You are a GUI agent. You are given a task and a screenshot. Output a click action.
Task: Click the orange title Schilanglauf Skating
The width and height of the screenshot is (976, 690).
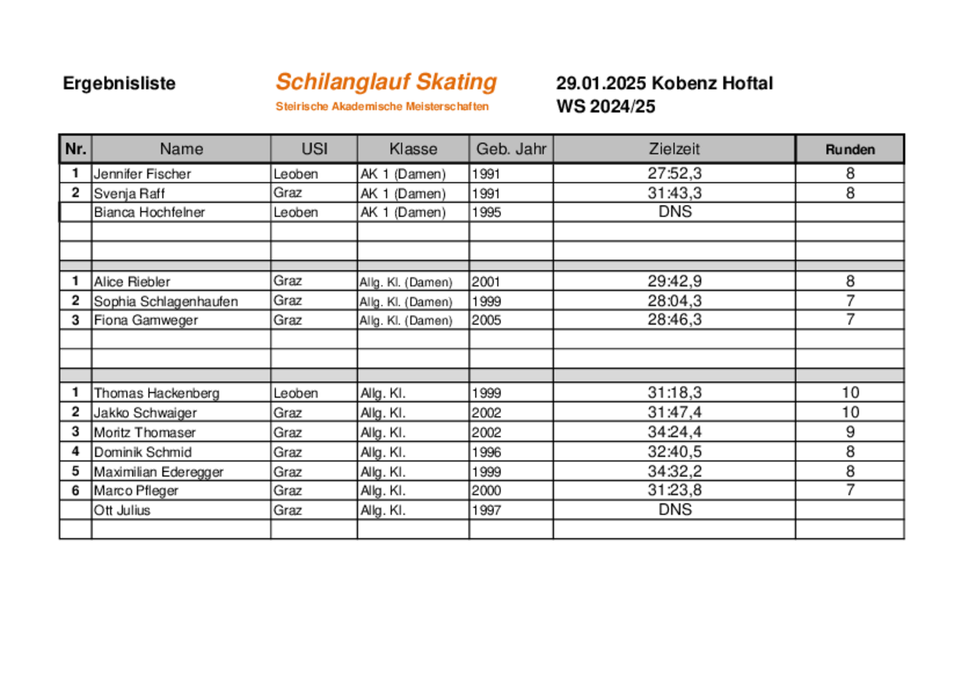(386, 81)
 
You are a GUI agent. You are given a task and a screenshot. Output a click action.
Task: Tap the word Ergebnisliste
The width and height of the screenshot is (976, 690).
(119, 84)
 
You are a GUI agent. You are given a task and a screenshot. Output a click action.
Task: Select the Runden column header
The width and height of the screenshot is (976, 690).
(849, 150)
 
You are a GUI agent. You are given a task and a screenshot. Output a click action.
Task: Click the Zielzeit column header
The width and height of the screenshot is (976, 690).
(674, 149)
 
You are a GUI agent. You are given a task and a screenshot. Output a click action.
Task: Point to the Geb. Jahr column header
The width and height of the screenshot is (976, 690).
(511, 149)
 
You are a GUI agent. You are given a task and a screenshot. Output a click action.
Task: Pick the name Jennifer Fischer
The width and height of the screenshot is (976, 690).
(142, 174)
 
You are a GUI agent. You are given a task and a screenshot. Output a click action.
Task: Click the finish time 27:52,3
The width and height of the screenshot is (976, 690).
(674, 173)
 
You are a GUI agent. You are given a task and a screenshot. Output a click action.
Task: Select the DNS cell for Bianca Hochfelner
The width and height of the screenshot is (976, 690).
(674, 212)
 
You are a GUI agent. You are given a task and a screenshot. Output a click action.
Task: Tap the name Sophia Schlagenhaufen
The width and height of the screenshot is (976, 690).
(166, 302)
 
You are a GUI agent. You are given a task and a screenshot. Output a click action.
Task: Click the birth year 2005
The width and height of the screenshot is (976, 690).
(486, 321)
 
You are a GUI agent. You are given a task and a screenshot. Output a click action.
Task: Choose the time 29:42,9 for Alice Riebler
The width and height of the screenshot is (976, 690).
(674, 282)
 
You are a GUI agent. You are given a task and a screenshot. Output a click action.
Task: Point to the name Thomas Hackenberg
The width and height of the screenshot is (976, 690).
(157, 394)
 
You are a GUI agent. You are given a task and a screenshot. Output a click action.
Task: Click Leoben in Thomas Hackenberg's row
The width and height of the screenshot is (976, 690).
(295, 394)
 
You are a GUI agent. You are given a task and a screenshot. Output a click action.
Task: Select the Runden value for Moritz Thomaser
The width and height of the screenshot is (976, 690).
(849, 432)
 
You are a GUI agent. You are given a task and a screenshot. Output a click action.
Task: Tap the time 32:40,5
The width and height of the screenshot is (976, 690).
(674, 451)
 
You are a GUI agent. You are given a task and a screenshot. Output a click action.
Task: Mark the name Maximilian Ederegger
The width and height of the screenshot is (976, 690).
(159, 472)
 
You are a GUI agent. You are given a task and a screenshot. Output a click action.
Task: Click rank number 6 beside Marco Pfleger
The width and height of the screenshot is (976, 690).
(75, 490)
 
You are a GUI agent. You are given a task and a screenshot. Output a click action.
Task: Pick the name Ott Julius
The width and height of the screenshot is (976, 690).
(122, 510)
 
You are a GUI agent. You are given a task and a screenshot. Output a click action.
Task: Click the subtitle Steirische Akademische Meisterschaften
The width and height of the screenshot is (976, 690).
(382, 107)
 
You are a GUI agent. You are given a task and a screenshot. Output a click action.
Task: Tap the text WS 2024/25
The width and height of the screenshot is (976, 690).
(605, 107)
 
